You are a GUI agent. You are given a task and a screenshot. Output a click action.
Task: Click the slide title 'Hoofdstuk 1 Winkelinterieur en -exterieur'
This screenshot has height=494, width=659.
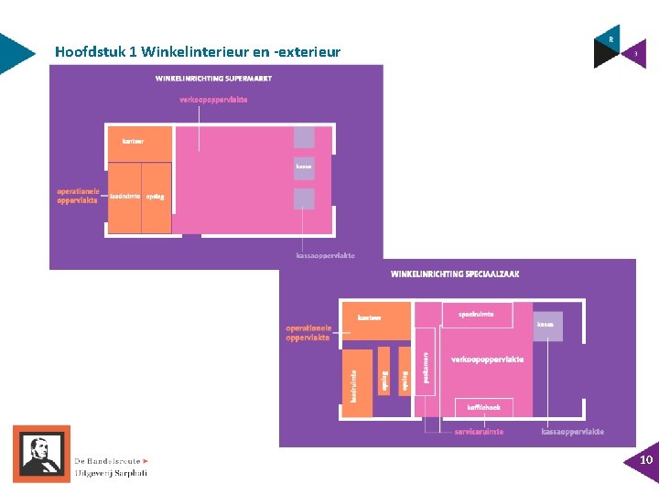click(x=197, y=52)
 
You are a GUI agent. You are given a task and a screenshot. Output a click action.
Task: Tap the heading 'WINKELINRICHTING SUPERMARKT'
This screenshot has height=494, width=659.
click(x=213, y=79)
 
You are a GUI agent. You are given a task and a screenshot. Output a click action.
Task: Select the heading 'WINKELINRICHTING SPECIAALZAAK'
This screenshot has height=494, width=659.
click(x=455, y=274)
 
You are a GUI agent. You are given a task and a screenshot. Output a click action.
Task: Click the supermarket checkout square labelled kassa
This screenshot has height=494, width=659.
click(x=304, y=168)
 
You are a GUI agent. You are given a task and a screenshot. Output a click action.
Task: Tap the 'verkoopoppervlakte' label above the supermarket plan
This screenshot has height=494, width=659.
click(x=213, y=100)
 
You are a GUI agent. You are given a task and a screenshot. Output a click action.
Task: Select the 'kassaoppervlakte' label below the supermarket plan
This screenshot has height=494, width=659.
click(x=326, y=256)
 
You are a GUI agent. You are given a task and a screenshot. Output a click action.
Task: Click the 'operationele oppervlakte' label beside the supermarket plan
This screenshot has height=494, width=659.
click(x=77, y=196)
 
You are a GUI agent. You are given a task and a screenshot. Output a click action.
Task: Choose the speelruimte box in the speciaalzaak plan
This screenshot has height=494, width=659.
click(x=476, y=315)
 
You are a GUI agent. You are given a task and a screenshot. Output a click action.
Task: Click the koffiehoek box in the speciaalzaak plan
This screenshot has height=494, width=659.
click(x=483, y=407)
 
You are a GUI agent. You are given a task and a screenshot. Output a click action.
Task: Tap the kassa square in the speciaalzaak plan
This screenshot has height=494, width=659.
click(x=546, y=325)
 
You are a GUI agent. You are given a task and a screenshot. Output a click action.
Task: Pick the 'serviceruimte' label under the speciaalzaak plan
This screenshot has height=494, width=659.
click(x=479, y=432)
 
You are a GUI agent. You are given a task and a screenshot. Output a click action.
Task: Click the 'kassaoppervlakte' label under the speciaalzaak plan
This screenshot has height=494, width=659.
click(x=572, y=432)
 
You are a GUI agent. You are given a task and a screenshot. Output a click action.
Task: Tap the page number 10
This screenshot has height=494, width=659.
click(x=645, y=459)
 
